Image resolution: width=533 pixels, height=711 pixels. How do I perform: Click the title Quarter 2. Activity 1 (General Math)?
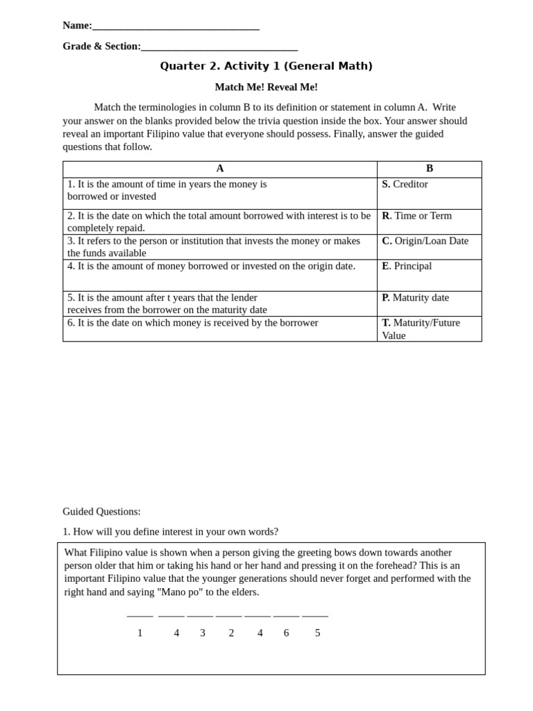[x=266, y=66]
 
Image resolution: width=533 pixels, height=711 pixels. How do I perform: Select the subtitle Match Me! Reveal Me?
[x=266, y=87]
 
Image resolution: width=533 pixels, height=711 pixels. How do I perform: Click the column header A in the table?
[x=220, y=169]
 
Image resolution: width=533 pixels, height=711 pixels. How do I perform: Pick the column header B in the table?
[x=430, y=169]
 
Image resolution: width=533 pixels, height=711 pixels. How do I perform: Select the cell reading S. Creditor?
[x=405, y=185]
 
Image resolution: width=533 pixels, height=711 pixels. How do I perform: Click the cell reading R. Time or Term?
[x=417, y=216]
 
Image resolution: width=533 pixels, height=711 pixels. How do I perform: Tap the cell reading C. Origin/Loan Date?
[x=425, y=241]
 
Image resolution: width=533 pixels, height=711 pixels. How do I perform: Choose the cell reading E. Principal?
[x=407, y=266]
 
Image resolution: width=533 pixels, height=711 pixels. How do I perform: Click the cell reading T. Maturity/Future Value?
[x=421, y=329]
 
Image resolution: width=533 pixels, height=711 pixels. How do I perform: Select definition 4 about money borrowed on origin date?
[x=211, y=266]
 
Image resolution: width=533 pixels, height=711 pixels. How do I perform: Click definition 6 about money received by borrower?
[x=193, y=323]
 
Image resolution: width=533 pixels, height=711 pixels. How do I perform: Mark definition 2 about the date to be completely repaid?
[x=219, y=221]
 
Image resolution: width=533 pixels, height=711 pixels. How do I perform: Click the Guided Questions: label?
[x=101, y=512]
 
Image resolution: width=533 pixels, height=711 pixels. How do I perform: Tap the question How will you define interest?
[x=170, y=532]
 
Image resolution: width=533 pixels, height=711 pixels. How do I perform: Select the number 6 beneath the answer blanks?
[x=286, y=633]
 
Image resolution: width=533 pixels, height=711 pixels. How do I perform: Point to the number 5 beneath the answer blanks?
[x=318, y=633]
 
